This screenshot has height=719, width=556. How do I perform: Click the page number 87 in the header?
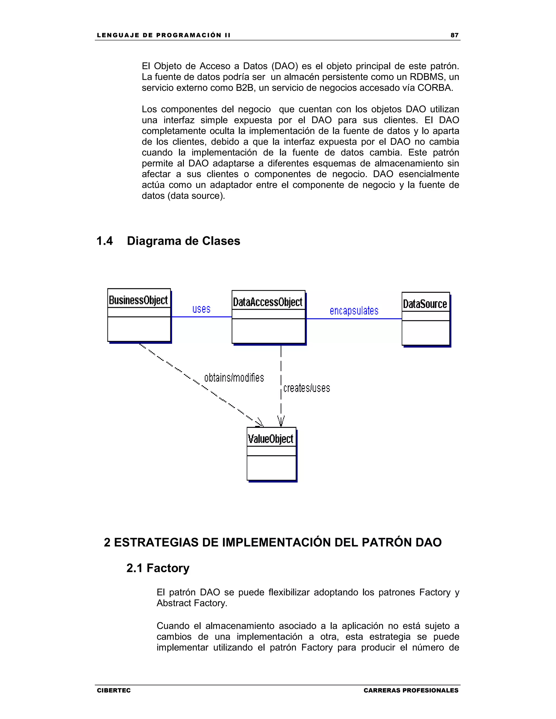coord(454,35)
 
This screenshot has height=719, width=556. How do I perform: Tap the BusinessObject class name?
coord(138,300)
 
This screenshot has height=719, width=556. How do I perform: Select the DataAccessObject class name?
coord(267,302)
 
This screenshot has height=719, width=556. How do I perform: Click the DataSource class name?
coord(425,304)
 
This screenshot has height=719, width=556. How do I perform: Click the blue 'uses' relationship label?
coord(201,309)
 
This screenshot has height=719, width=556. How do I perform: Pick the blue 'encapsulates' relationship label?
coord(354,311)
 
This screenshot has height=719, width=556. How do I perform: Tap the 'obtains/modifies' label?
coord(234,378)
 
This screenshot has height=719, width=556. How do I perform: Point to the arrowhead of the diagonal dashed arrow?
coord(260,422)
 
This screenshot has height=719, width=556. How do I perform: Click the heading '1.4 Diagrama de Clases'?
coord(168,241)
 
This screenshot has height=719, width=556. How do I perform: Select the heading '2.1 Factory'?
coord(158,568)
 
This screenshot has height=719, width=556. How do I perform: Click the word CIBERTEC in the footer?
coord(114,690)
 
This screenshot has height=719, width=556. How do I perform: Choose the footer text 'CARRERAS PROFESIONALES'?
coord(411,690)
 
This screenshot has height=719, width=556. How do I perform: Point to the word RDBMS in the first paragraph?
coord(427,77)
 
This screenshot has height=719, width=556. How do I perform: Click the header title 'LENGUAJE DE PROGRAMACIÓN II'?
coord(164,35)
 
